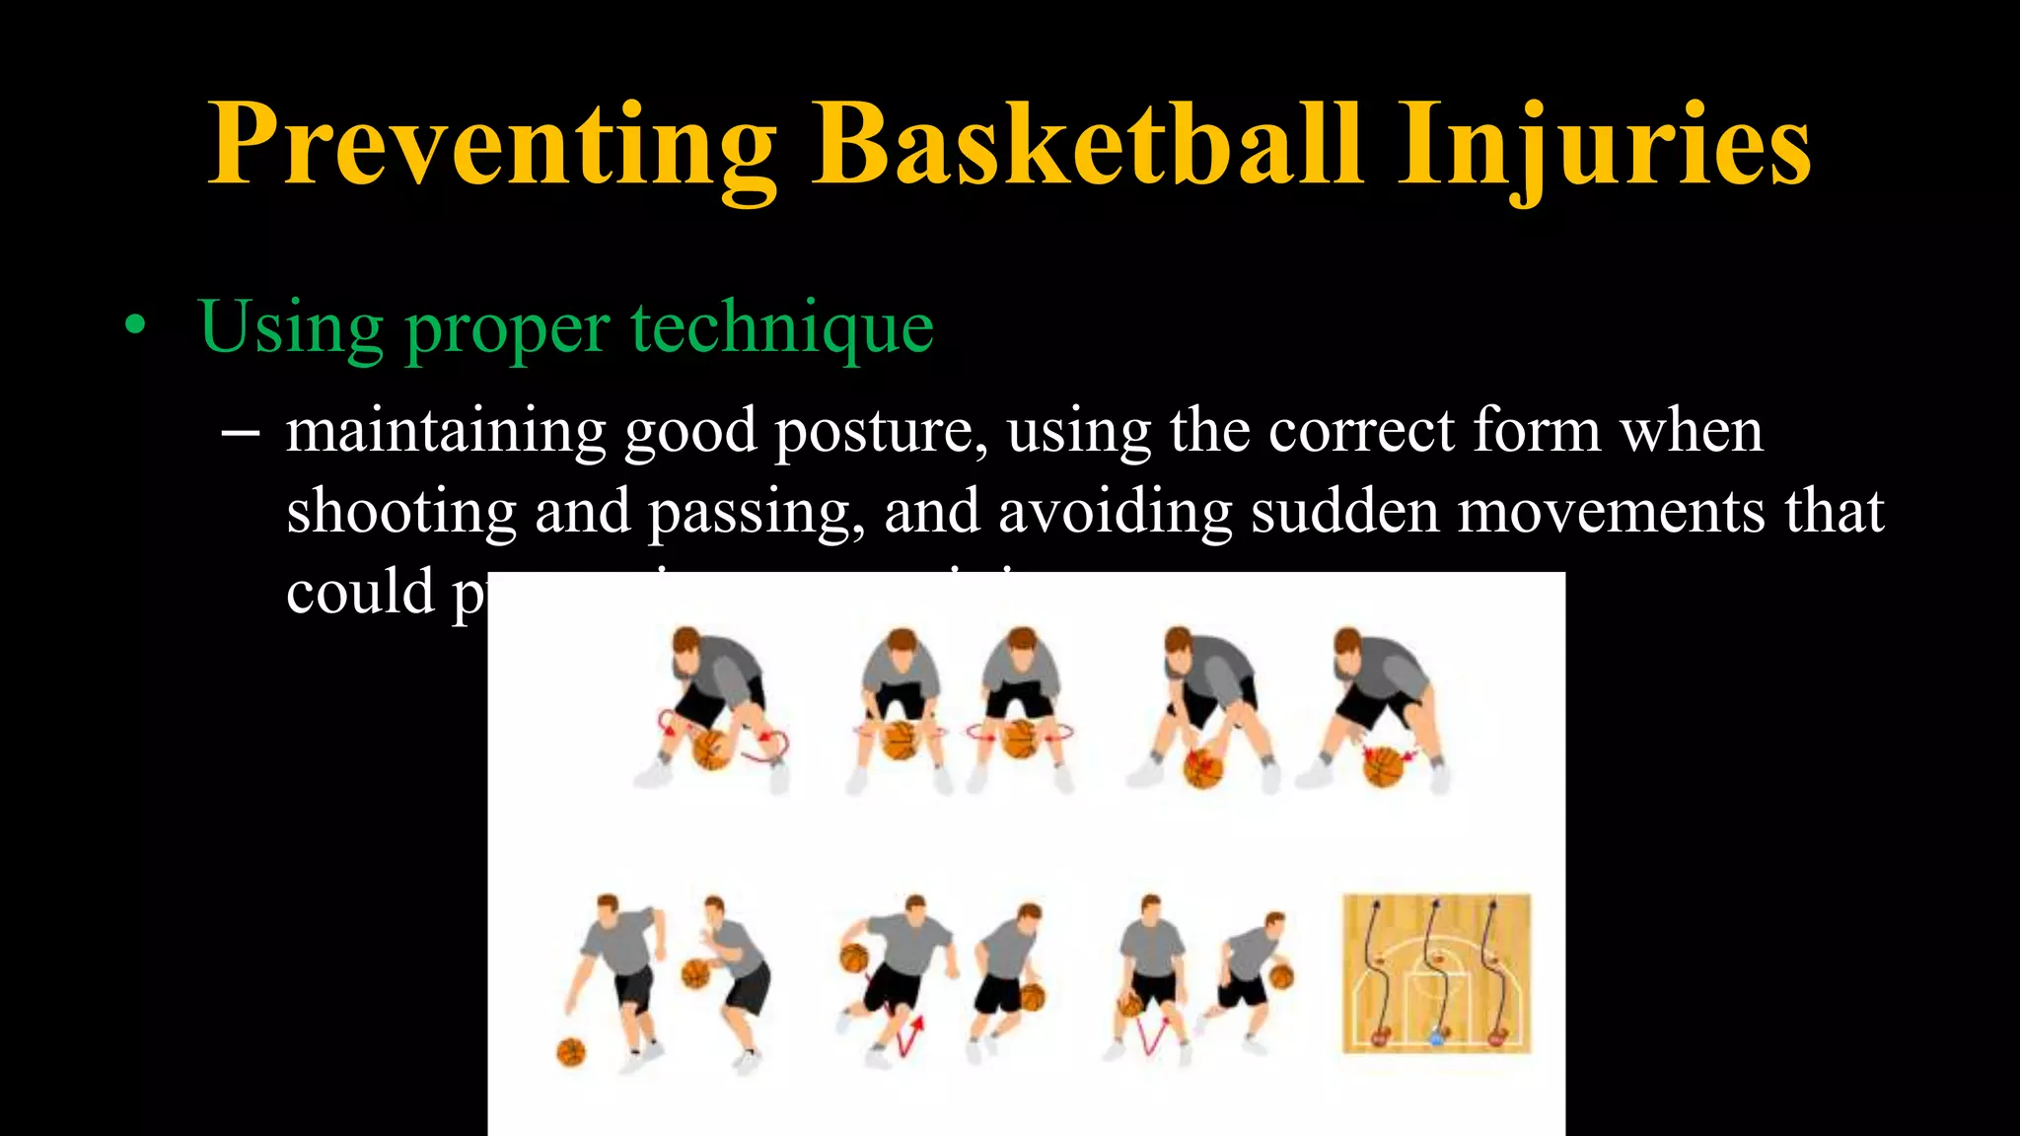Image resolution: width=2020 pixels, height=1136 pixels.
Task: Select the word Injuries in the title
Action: click(1604, 146)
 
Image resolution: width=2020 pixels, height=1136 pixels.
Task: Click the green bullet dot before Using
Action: click(135, 326)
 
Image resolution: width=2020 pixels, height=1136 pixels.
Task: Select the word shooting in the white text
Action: click(400, 513)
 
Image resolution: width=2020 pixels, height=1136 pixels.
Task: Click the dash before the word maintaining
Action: click(241, 432)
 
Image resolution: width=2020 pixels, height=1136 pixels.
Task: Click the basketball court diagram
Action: click(1437, 972)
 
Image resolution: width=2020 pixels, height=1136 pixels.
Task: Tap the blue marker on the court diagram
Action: click(1436, 1036)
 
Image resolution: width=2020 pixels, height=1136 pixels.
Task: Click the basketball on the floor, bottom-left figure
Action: click(571, 1051)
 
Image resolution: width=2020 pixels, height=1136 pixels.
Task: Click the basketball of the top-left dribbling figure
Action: click(712, 749)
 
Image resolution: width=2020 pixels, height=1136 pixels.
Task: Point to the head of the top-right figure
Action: click(1348, 643)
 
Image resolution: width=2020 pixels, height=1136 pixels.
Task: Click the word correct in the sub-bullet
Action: click(1361, 432)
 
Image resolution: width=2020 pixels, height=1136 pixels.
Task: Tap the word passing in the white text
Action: click(757, 513)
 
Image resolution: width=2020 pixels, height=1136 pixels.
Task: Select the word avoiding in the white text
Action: click(1115, 513)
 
